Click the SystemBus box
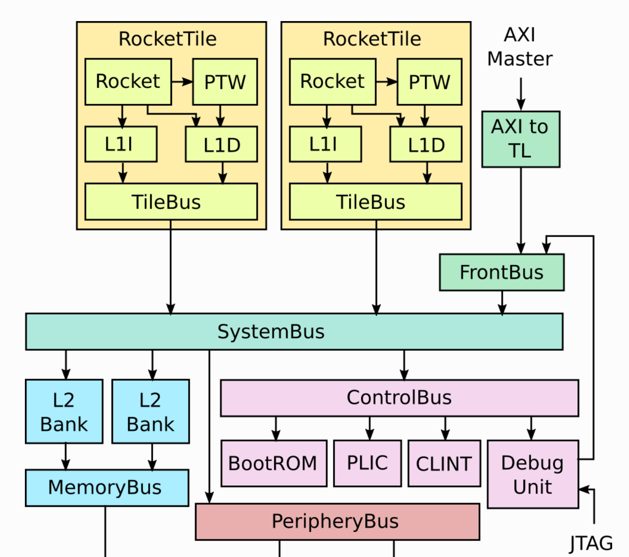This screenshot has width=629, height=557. (294, 331)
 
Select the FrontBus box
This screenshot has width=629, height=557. (502, 272)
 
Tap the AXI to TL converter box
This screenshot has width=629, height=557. (521, 139)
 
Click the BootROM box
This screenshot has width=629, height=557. (273, 463)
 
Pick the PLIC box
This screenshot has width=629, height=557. (367, 463)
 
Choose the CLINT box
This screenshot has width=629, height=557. (444, 463)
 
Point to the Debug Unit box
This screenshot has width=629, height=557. (532, 474)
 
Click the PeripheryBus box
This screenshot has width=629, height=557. (337, 522)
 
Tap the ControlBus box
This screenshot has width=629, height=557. (399, 398)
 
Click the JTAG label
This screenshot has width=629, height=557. (591, 543)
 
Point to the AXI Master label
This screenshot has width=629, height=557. (520, 47)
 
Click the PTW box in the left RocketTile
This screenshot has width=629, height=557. (225, 82)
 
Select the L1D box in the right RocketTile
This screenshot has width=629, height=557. (426, 144)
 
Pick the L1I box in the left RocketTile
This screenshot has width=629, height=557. (121, 144)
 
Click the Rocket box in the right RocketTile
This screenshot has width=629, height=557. (332, 82)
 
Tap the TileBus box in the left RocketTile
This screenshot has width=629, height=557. (171, 202)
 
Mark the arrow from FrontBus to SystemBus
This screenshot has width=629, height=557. (502, 302)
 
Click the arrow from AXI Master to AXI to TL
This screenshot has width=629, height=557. (521, 94)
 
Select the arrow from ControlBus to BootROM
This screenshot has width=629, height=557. (276, 428)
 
